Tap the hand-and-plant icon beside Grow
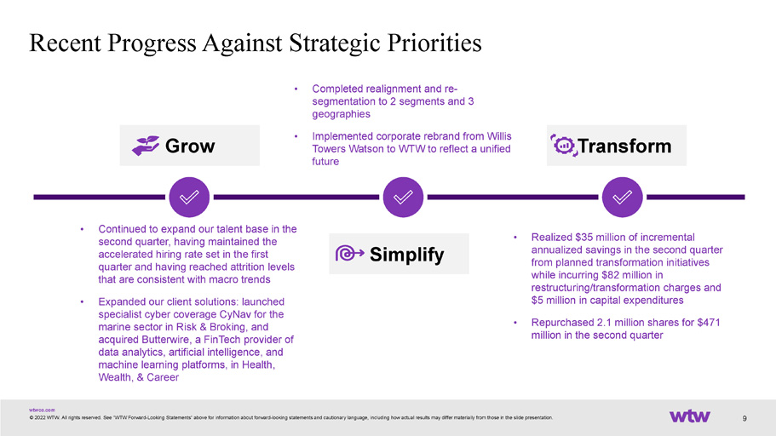pyautogui.click(x=146, y=146)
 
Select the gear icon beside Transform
pyautogui.click(x=564, y=146)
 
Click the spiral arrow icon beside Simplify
pyautogui.click(x=349, y=254)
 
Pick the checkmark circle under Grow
pyautogui.click(x=189, y=197)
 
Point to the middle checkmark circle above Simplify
pyautogui.click(x=403, y=197)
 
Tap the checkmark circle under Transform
pyautogui.click(x=622, y=197)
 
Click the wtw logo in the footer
pyautogui.click(x=689, y=416)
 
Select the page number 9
pyautogui.click(x=744, y=419)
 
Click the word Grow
pyautogui.click(x=190, y=146)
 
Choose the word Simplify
pyautogui.click(x=407, y=255)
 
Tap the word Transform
pyautogui.click(x=624, y=146)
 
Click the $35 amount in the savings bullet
pyautogui.click(x=584, y=237)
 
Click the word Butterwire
pyautogui.click(x=165, y=340)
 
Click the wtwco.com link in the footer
pyautogui.click(x=42, y=410)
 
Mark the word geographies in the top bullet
pyautogui.click(x=341, y=114)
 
